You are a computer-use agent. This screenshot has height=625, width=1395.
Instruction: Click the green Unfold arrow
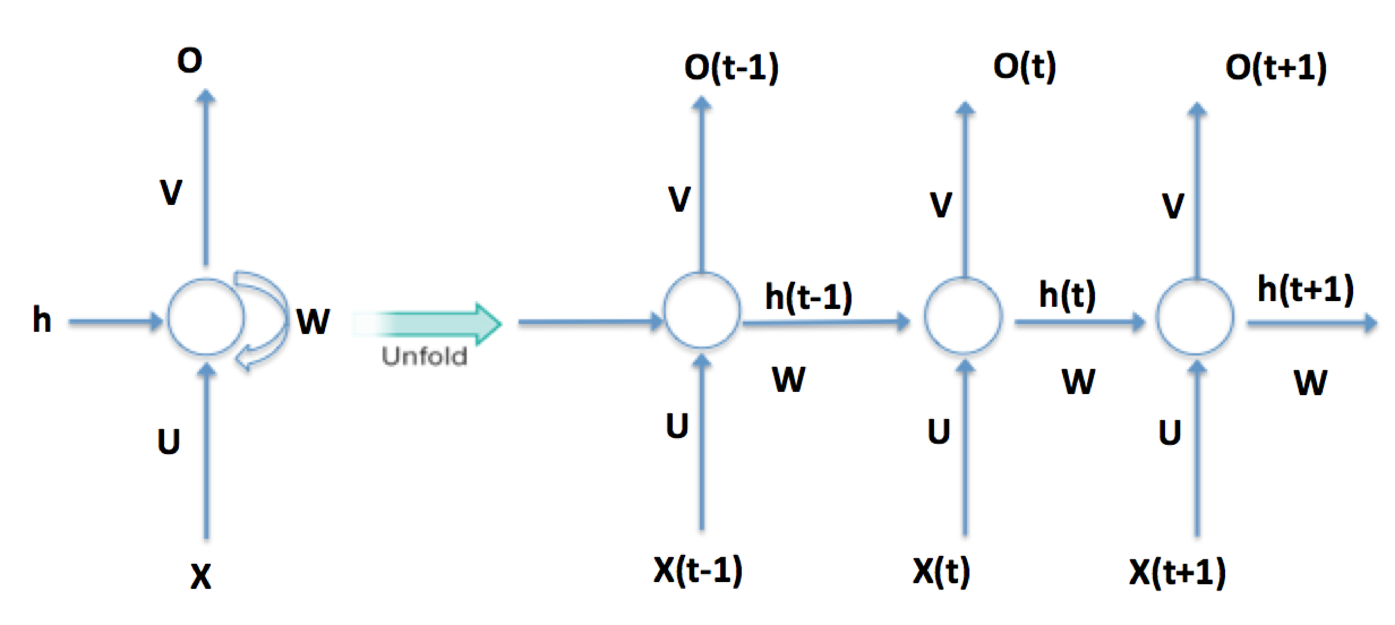[x=433, y=324]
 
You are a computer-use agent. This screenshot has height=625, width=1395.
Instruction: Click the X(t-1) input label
[x=697, y=570]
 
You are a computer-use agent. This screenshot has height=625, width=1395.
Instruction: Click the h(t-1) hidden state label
[x=809, y=297]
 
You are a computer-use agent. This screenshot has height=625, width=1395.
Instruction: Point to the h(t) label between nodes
[x=1067, y=295]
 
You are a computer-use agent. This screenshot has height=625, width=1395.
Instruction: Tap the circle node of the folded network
[x=206, y=317]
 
